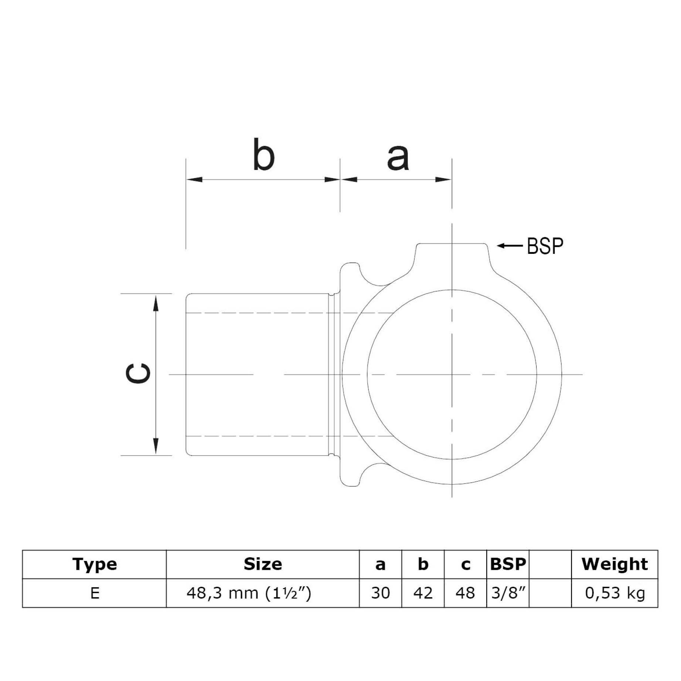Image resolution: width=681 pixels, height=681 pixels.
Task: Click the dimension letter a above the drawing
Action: [398, 158]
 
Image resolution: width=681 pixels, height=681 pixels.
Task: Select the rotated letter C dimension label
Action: [138, 374]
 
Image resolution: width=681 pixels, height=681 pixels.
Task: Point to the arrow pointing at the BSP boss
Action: [510, 245]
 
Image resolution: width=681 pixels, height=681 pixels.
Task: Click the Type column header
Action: [95, 564]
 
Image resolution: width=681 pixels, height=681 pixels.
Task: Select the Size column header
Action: [263, 564]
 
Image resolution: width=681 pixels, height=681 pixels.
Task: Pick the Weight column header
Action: [614, 564]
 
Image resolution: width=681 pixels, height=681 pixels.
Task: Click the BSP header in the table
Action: [508, 564]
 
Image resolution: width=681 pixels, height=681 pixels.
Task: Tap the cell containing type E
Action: [95, 593]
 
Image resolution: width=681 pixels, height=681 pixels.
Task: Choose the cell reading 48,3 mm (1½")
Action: [249, 593]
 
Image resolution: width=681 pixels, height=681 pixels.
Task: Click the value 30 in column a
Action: [380, 593]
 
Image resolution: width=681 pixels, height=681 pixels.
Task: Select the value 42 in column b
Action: [423, 593]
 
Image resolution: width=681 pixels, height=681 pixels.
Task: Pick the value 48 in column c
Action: [465, 593]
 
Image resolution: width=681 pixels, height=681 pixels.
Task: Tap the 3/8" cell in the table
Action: [508, 593]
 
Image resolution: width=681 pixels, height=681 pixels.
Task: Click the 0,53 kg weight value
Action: [614, 593]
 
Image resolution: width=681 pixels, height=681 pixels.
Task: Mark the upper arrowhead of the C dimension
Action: [156, 303]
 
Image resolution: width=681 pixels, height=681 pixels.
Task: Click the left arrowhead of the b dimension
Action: [194, 180]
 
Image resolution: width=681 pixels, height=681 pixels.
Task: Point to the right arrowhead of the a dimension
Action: [443, 180]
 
